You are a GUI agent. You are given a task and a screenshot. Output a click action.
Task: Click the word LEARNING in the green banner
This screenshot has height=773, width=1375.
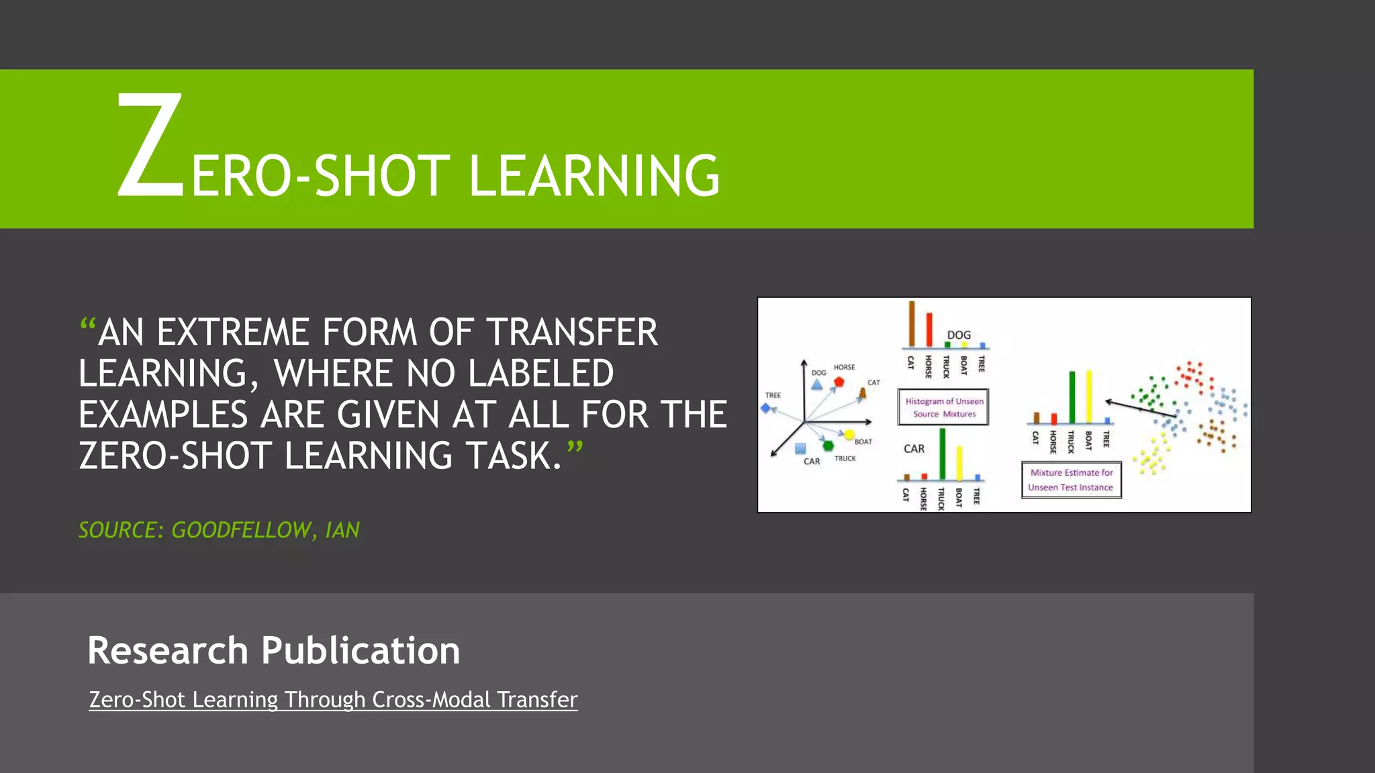click(x=594, y=176)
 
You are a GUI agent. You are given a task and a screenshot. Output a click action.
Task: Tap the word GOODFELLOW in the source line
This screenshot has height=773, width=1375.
click(x=240, y=530)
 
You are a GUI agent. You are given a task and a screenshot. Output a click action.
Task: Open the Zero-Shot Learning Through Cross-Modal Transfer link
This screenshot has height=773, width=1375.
click(x=333, y=700)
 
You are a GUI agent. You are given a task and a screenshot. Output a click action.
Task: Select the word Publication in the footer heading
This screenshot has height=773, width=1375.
click(x=361, y=650)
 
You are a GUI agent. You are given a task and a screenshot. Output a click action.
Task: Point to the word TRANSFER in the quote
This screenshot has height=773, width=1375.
click(x=572, y=332)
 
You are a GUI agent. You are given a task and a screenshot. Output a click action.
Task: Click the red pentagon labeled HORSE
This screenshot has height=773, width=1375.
click(x=839, y=382)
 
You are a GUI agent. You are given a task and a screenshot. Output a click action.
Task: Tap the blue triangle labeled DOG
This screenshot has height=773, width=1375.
click(x=816, y=385)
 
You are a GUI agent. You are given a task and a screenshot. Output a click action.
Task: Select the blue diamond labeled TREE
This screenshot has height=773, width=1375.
click(x=765, y=408)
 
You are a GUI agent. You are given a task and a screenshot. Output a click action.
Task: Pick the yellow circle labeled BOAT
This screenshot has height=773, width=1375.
click(x=849, y=434)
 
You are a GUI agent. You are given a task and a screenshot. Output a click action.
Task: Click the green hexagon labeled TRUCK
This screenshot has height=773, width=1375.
click(x=828, y=446)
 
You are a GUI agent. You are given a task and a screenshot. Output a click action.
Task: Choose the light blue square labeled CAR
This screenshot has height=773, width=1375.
click(x=800, y=448)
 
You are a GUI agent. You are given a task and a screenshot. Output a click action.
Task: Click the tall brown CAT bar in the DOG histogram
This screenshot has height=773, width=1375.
click(x=912, y=324)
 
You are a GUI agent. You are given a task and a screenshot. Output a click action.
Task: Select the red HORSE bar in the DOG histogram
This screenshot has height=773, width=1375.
click(x=929, y=329)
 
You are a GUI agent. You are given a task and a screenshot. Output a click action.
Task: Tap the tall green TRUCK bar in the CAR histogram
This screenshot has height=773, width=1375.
click(x=943, y=454)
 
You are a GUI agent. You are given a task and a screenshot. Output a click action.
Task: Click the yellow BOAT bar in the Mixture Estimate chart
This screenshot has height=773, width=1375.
click(x=1089, y=397)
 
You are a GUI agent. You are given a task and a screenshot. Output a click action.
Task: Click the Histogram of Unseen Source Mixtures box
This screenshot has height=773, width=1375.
click(x=943, y=407)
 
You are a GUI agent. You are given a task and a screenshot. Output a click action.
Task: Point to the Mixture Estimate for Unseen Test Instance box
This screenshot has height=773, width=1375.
click(x=1071, y=480)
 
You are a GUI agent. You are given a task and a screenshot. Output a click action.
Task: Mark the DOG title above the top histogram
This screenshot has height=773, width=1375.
click(x=959, y=335)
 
